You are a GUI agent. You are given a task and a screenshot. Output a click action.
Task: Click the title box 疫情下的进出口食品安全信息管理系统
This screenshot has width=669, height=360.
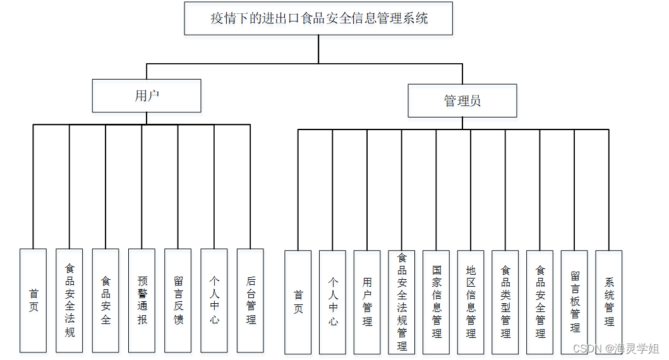coord(318,18)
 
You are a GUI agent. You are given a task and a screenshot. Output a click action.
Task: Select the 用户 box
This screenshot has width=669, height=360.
coord(147,95)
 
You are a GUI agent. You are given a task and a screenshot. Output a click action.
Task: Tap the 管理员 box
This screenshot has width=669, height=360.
coord(462,100)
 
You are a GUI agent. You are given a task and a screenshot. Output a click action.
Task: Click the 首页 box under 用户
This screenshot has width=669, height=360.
coord(33,300)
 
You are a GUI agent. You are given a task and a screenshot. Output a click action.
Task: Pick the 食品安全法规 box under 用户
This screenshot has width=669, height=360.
coord(69,300)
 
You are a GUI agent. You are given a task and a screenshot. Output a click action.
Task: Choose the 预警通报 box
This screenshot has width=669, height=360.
coord(142,300)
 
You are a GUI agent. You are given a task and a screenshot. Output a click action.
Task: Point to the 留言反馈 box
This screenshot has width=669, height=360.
coord(178,300)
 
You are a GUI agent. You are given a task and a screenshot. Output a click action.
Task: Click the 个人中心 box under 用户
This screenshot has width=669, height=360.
coord(214,300)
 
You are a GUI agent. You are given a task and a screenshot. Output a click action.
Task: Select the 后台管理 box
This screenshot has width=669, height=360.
coord(250,300)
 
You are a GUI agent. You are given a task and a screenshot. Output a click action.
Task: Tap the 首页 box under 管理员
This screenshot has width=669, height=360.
coord(298,302)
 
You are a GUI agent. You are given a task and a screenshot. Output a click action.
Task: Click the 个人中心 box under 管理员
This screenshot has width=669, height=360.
coord(332,302)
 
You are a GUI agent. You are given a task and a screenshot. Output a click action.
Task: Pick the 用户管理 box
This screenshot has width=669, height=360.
coord(367,302)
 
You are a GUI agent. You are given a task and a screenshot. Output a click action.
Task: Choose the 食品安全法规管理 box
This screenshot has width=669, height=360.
coord(402,302)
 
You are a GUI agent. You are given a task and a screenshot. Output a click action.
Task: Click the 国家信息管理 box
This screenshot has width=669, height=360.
coord(437,302)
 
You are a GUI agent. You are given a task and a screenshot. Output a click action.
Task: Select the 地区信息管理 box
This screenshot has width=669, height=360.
coord(471,302)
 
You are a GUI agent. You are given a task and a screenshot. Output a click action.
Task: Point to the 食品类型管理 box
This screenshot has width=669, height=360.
coord(505,302)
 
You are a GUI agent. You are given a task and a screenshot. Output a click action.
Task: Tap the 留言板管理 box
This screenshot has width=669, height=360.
coord(574,302)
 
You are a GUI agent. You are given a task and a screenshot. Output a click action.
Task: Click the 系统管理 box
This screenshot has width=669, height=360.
coord(609,302)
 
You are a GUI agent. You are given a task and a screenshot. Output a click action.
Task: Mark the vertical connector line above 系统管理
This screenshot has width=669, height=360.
coord(609,189)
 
